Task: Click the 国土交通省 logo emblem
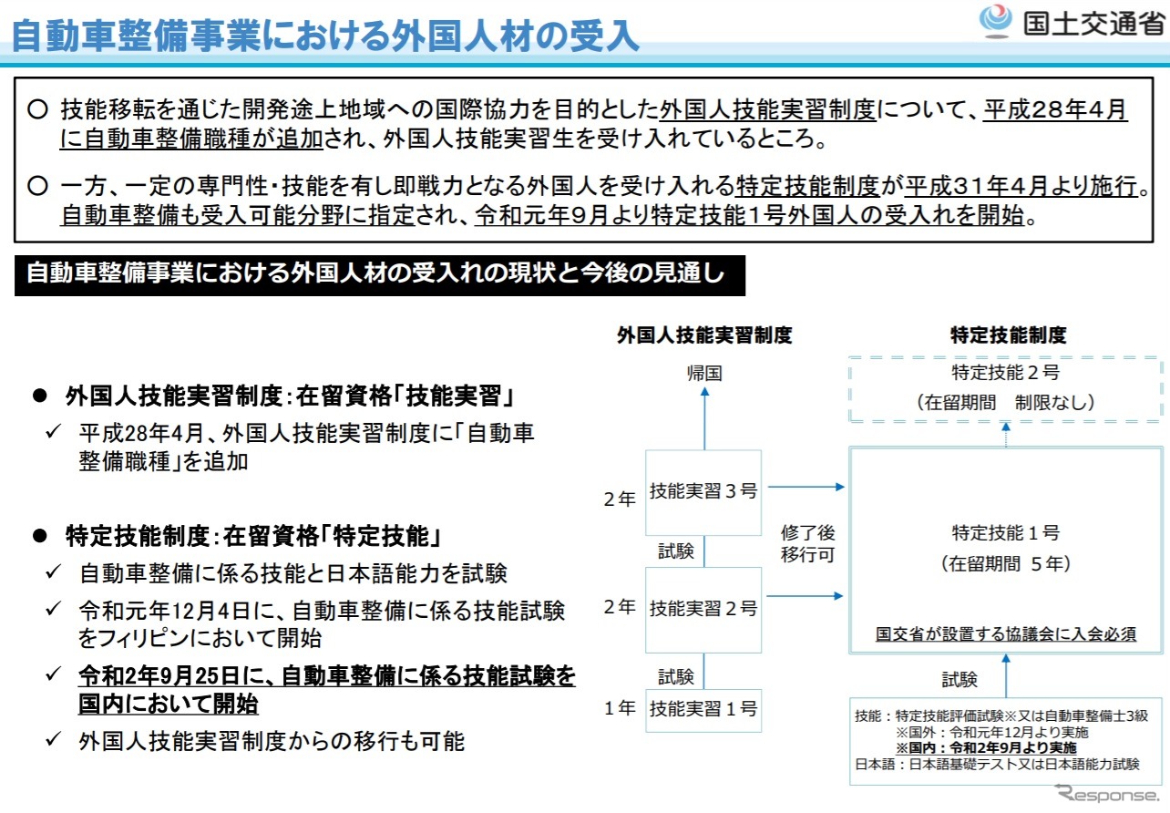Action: pos(995,22)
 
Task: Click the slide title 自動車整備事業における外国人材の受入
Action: pos(325,36)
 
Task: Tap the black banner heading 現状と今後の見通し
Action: pos(380,275)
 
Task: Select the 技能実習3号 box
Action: pos(703,492)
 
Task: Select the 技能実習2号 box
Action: pos(703,609)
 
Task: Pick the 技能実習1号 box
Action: pos(703,710)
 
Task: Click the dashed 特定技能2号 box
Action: pos(1005,389)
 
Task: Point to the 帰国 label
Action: pos(704,373)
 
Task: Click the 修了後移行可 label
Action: pos(807,543)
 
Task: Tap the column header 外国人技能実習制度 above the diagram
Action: pos(704,334)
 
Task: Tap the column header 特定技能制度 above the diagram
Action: pos(1008,334)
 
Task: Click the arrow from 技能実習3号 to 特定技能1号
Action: pos(806,487)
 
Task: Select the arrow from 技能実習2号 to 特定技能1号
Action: pos(805,596)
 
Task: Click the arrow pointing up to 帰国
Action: pos(704,418)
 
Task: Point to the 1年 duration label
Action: pos(620,708)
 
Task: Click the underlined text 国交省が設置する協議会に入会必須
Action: pos(1005,633)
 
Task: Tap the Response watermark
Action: pos(1106,794)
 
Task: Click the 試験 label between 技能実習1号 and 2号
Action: pos(676,676)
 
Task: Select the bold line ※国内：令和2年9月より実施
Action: pos(986,747)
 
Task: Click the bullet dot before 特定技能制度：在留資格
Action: pos(40,536)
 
